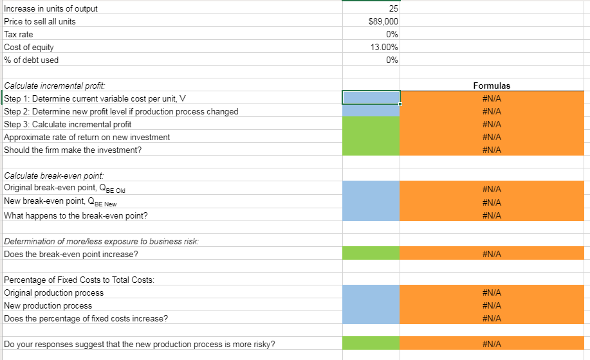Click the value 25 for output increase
pos(394,8)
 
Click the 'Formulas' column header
pos(492,85)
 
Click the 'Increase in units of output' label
pos(51,8)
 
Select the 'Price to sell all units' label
pos(40,21)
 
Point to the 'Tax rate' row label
pos(19,34)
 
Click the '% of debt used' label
pos(31,60)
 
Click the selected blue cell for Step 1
pos(371,98)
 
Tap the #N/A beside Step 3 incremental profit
pos(492,124)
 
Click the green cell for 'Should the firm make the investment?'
pos(371,150)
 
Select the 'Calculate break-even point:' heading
pos(50,175)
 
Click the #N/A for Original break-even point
pos(492,189)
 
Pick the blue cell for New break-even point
pos(371,203)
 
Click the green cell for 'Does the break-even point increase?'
pos(371,254)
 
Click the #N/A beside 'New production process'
pos(492,305)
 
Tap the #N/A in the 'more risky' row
pos(492,344)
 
